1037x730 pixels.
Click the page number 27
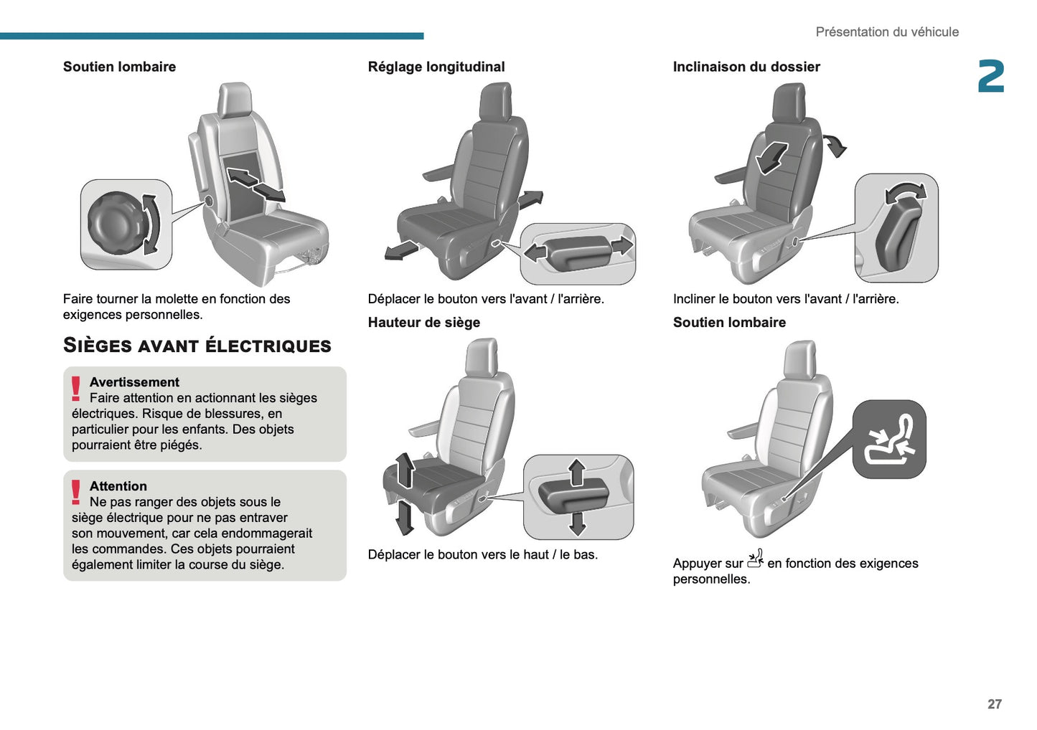click(994, 704)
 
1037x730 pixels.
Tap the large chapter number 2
click(991, 77)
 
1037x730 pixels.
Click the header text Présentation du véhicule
click(886, 32)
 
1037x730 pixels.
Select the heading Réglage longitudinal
click(436, 67)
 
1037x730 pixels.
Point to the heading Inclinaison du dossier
click(746, 67)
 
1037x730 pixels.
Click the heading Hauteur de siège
click(424, 323)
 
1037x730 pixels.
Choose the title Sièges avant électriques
click(197, 346)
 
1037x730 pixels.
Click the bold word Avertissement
click(134, 382)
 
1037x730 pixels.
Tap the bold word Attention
click(118, 486)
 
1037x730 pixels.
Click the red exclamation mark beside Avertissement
click(76, 388)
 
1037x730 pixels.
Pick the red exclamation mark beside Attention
click(76, 492)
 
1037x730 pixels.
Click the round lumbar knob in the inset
click(115, 223)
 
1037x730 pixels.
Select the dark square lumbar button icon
click(889, 439)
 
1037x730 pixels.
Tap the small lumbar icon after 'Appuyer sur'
click(755, 559)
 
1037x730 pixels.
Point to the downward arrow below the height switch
click(577, 523)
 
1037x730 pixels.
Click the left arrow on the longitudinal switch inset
click(535, 252)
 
